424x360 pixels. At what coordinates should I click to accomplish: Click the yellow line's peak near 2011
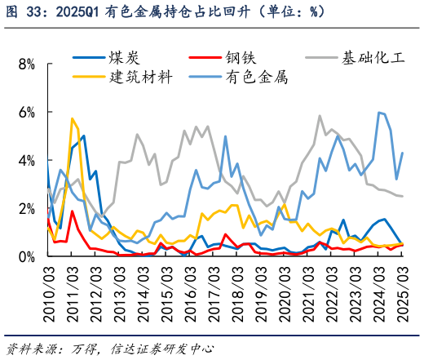(72, 118)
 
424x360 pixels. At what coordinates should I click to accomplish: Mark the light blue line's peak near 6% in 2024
(379, 113)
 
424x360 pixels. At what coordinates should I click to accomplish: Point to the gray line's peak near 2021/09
(320, 116)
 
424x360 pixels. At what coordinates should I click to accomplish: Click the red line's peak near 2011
(72, 211)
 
